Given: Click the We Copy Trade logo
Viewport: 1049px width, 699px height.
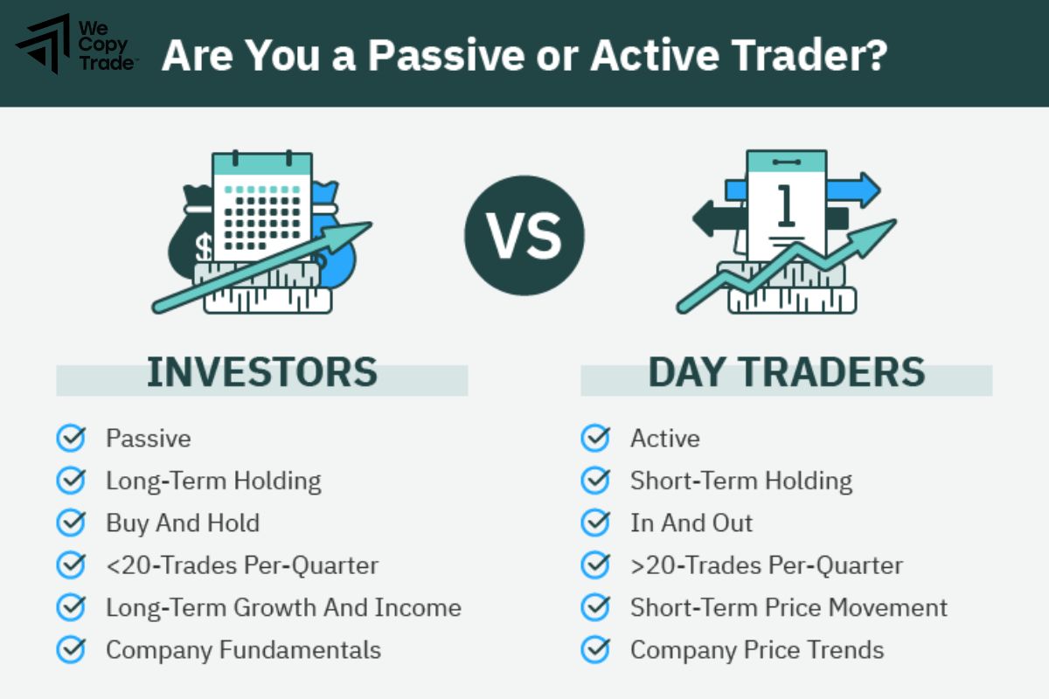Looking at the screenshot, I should click(x=76, y=44).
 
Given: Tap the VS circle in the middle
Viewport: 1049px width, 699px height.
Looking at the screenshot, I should click(x=524, y=236).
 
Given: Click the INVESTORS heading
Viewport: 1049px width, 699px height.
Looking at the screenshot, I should click(x=261, y=372).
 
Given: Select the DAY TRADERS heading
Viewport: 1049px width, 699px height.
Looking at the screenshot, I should click(x=786, y=372).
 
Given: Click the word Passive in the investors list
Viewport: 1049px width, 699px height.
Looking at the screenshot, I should click(x=148, y=438).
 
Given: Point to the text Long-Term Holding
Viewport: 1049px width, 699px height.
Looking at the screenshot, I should click(x=213, y=481).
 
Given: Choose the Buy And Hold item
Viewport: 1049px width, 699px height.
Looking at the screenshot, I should click(x=183, y=523).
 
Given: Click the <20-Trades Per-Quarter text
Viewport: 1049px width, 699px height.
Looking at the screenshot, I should click(x=242, y=565).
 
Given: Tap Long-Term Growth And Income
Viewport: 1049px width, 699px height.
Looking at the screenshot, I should click(x=283, y=607).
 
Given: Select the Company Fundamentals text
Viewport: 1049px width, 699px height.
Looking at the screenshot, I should click(x=243, y=650).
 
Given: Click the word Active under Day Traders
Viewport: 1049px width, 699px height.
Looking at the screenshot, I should click(x=665, y=438).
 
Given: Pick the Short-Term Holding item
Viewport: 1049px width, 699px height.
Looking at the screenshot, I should click(x=741, y=481).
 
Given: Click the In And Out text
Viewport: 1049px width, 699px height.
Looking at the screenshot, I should click(x=691, y=523).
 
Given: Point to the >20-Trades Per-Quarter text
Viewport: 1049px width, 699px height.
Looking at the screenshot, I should click(x=767, y=565).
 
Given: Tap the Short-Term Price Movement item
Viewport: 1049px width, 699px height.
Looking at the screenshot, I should click(x=788, y=607).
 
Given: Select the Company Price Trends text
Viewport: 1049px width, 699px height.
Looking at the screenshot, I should click(x=757, y=650).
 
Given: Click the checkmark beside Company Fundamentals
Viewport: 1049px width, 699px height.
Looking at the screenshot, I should click(x=71, y=649).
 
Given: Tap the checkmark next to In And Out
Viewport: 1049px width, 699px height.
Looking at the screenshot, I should click(x=595, y=523).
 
